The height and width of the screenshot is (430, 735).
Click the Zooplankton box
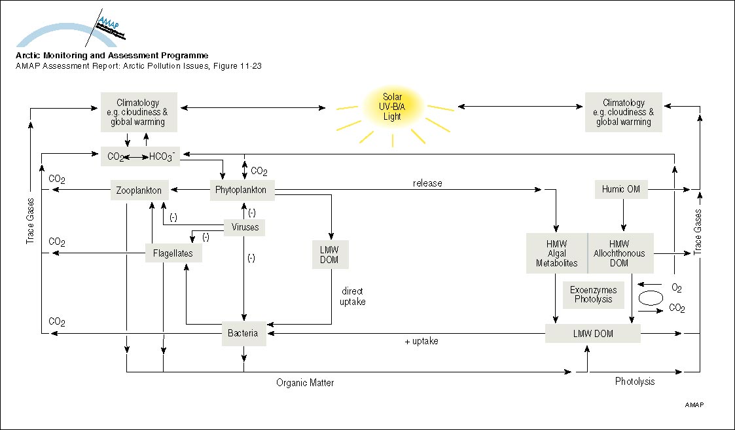[x=139, y=190]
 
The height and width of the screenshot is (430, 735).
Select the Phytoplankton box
[x=242, y=190]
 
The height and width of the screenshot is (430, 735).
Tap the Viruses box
[x=245, y=227]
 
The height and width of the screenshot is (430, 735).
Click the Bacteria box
[x=243, y=333]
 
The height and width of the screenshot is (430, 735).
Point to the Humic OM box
[x=621, y=190]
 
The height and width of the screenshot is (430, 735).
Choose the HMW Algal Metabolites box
[x=557, y=253]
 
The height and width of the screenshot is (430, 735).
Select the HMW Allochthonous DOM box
[x=620, y=253]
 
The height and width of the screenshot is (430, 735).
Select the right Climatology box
[x=624, y=113]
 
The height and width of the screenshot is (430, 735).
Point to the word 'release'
[x=427, y=183]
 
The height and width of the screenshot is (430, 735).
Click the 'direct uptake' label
[x=352, y=296]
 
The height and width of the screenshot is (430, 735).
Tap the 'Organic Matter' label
[x=305, y=383]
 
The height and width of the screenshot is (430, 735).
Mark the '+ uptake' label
[x=421, y=341]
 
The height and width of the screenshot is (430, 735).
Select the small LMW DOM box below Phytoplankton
[x=332, y=254]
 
